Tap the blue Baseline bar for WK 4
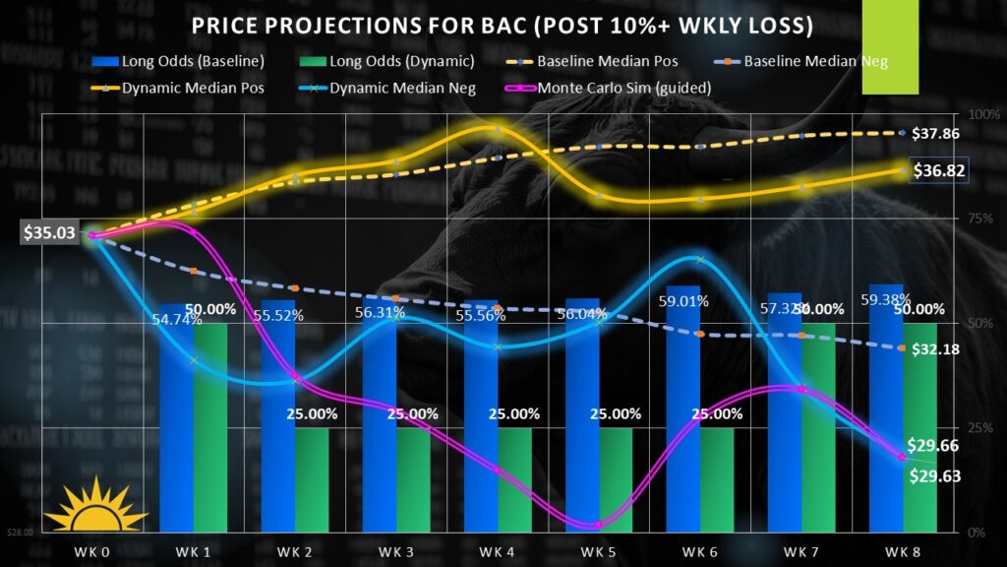(481, 423)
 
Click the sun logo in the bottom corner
(94, 504)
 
